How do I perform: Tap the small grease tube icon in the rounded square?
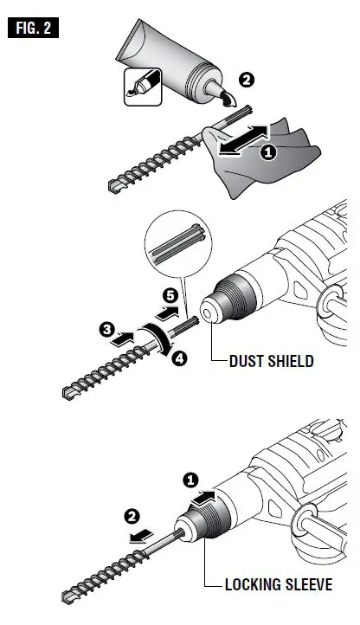point(141,85)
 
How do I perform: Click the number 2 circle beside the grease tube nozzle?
point(246,80)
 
